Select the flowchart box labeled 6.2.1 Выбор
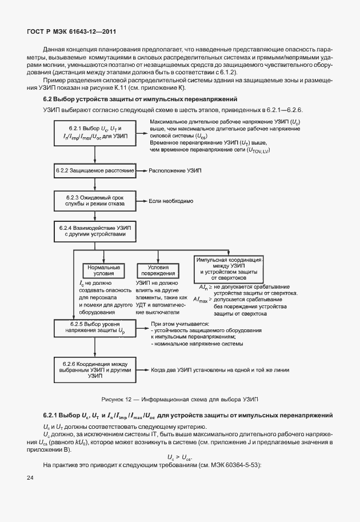95,134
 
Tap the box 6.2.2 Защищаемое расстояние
95,171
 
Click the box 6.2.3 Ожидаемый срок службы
95,201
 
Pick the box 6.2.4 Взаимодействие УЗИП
95,231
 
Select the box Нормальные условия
103,270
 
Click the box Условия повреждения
158,270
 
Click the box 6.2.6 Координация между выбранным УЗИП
95,370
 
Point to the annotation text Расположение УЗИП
175,171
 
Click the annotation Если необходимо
171,201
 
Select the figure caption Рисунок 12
180,399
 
